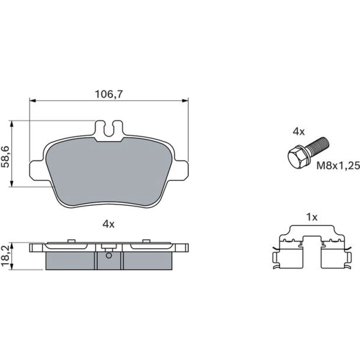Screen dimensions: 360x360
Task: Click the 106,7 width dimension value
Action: click(109, 94)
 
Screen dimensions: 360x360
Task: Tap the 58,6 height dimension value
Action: click(6, 157)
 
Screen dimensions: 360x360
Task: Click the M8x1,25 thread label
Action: click(338, 166)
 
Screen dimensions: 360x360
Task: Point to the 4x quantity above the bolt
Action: click(299, 132)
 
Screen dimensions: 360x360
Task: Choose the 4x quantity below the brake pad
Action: click(108, 224)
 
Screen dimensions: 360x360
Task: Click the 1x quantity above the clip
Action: click(312, 217)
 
